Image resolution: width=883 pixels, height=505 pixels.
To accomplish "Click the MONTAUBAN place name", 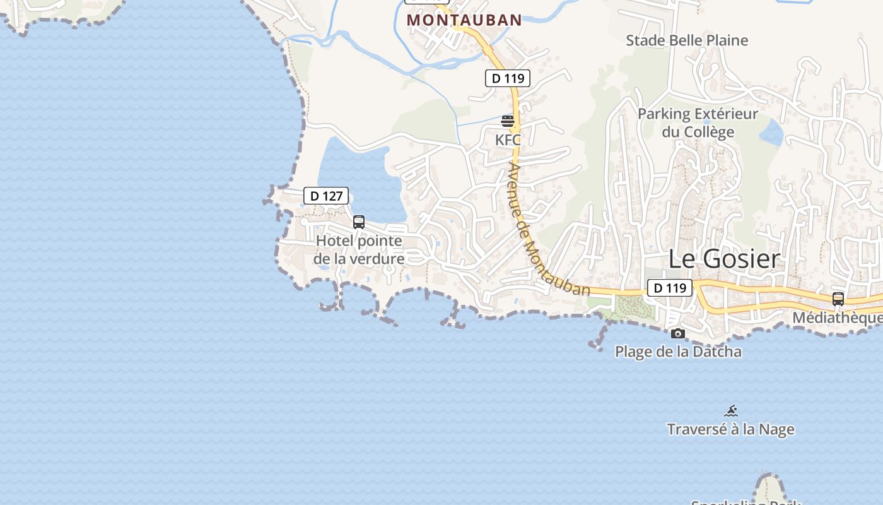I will click(x=464, y=20).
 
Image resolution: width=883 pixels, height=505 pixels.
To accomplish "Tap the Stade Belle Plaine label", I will click(x=687, y=40).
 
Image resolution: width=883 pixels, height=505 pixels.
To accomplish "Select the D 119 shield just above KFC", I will click(x=507, y=78).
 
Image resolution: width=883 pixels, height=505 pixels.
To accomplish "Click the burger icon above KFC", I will click(x=508, y=121).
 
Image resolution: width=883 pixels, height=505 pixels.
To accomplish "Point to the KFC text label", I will click(x=508, y=140).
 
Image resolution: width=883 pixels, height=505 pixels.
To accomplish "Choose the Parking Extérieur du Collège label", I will click(x=698, y=123).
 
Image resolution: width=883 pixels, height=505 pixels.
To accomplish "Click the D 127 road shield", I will click(x=326, y=196).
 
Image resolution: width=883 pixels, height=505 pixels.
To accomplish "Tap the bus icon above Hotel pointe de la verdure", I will click(x=359, y=222).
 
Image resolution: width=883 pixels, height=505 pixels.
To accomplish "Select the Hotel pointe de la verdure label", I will click(x=359, y=250).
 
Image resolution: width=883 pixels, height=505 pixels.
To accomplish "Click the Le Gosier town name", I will click(x=724, y=259).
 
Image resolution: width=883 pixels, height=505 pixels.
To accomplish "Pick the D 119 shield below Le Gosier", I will click(x=669, y=288).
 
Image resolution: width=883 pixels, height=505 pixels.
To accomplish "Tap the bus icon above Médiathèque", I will click(x=838, y=299).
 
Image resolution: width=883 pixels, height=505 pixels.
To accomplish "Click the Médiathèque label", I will click(x=836, y=318).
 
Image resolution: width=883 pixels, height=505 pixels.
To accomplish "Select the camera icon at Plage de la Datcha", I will click(x=678, y=333).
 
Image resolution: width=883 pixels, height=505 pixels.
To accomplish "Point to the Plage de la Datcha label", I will click(x=678, y=352).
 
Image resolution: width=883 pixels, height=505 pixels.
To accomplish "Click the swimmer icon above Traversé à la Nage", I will click(x=731, y=412).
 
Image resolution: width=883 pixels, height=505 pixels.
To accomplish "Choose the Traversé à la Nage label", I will click(x=730, y=429).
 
